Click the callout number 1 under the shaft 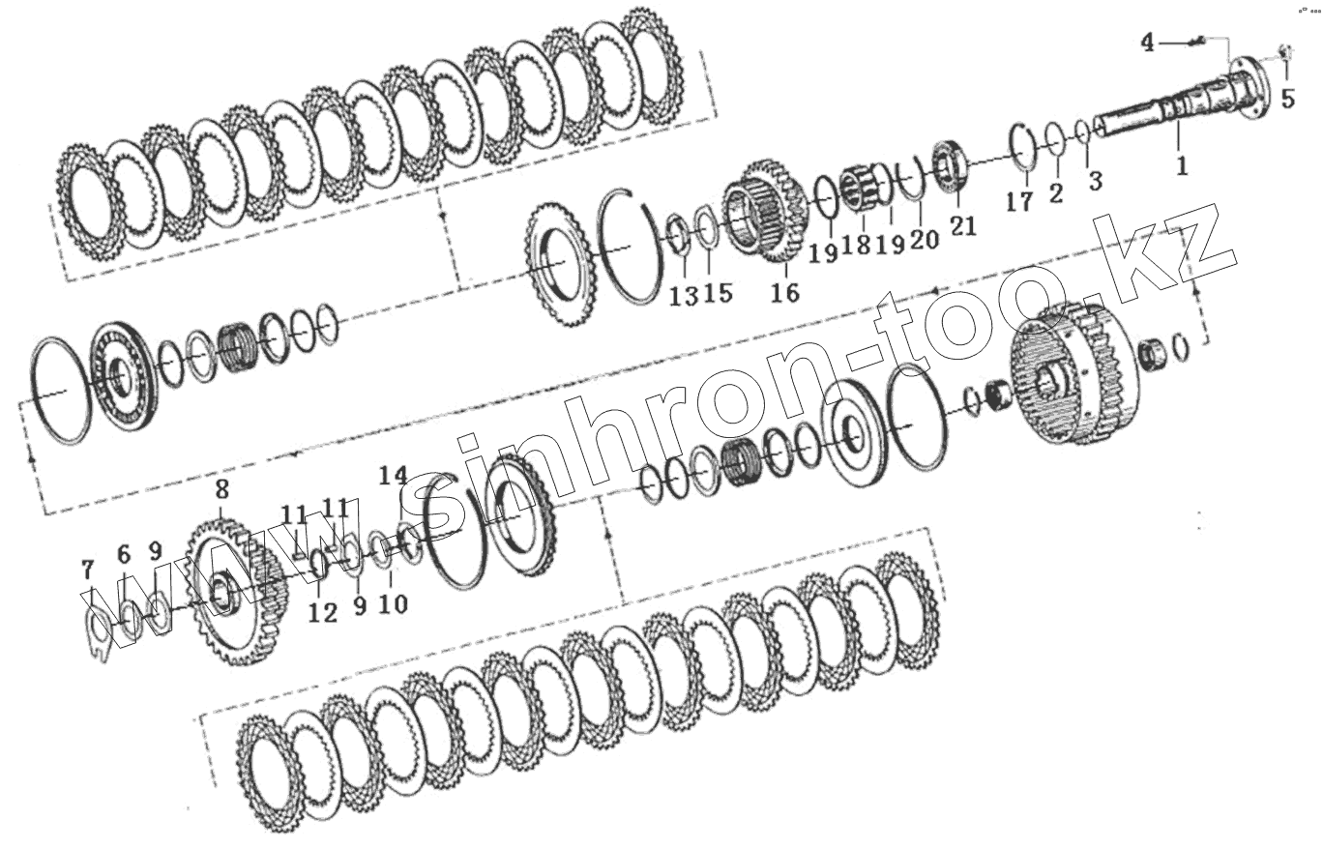pyautogui.click(x=1182, y=166)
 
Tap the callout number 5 pyautogui.click(x=1288, y=98)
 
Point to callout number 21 pyautogui.click(x=963, y=225)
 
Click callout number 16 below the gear pyautogui.click(x=785, y=292)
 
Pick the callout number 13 pyautogui.click(x=684, y=295)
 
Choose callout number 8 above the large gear pyautogui.click(x=222, y=489)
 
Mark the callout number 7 pyautogui.click(x=87, y=571)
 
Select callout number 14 pyautogui.click(x=394, y=475)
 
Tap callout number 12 pyautogui.click(x=323, y=613)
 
